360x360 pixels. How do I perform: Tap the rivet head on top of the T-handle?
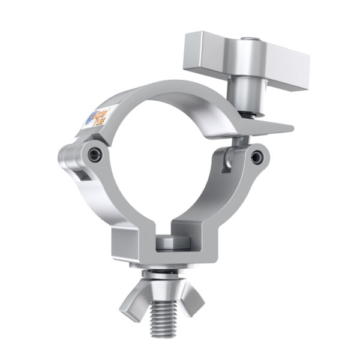(x=247, y=41)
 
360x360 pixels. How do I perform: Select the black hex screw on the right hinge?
(x=257, y=157)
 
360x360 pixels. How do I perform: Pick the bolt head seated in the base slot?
(x=170, y=243)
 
